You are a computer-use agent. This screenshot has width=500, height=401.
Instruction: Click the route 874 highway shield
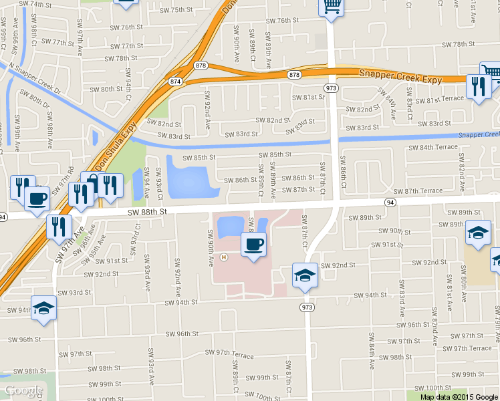pos(176,81)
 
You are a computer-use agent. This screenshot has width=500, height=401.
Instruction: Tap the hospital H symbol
pos(224,257)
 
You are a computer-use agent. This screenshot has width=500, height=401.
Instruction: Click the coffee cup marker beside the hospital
pos(253,245)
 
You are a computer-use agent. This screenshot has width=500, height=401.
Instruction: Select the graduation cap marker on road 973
pos(304,275)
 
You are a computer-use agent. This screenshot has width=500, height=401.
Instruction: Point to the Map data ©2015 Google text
pos(459,396)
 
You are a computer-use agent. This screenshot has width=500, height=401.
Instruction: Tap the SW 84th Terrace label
pos(432,147)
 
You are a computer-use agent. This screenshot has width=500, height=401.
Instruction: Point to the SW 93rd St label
pos(74,293)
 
